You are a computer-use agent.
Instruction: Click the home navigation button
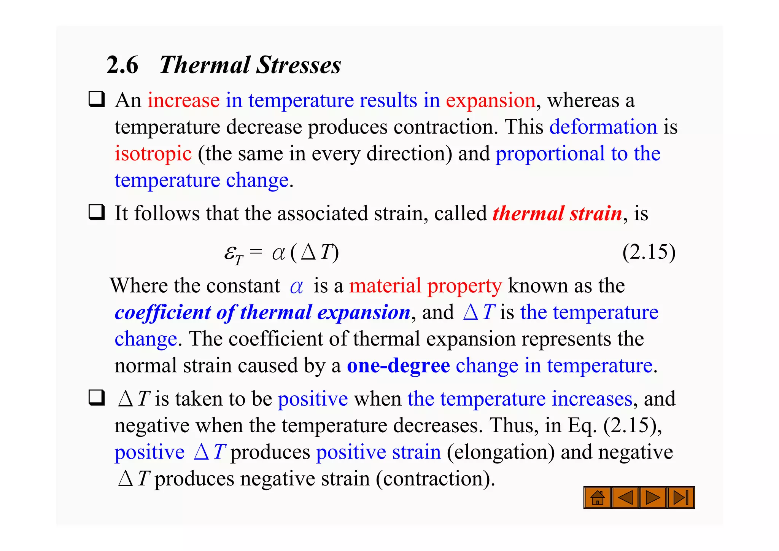598,497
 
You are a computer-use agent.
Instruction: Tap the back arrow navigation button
625,497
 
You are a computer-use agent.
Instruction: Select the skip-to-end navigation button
681,497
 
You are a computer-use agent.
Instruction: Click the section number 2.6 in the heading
122,65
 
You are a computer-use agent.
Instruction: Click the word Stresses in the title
298,65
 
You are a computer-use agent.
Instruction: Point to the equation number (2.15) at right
649,252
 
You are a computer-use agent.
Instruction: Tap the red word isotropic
153,154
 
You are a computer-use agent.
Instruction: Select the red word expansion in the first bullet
491,100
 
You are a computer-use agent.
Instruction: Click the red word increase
183,100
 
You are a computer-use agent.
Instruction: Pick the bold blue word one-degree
398,366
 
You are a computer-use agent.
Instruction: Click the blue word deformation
603,127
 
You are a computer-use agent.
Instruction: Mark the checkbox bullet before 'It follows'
97,212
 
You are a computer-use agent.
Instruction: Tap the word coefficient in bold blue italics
162,312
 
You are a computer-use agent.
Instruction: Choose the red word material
385,286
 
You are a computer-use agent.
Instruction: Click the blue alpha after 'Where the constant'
296,287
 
